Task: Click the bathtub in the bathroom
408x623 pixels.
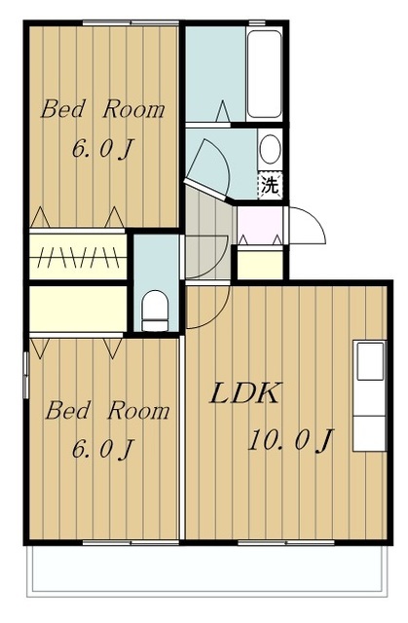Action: click(x=264, y=74)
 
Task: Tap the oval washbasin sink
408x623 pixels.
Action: click(x=270, y=148)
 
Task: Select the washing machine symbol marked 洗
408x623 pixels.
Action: click(x=270, y=185)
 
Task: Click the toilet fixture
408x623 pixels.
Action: click(x=155, y=311)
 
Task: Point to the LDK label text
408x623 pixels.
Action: click(x=245, y=393)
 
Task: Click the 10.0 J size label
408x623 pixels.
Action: click(x=290, y=440)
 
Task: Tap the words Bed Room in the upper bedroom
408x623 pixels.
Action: click(x=102, y=109)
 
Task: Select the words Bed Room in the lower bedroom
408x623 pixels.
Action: click(x=107, y=411)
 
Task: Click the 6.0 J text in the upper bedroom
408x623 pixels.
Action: click(x=101, y=149)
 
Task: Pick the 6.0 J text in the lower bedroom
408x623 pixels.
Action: click(x=101, y=449)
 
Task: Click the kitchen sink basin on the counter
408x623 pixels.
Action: click(x=370, y=361)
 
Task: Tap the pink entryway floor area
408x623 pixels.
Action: click(x=260, y=225)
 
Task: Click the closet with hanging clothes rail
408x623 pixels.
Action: click(x=78, y=256)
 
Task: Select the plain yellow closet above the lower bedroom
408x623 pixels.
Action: click(x=78, y=309)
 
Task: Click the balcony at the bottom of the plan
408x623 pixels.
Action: click(x=206, y=569)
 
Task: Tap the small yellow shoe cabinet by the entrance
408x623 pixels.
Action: click(x=260, y=264)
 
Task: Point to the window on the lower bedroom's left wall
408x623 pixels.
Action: click(x=26, y=374)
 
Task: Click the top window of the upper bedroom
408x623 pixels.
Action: click(x=131, y=23)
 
